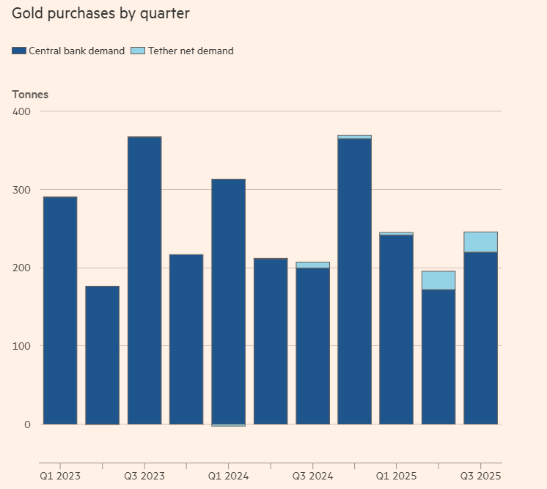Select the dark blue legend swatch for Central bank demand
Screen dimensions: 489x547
(x=19, y=51)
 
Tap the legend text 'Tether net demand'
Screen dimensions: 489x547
(x=191, y=51)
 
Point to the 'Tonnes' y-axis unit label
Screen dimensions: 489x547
(x=30, y=95)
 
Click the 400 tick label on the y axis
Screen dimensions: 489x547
(x=22, y=111)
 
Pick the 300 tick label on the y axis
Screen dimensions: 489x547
(x=22, y=190)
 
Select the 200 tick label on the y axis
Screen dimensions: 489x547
(x=22, y=268)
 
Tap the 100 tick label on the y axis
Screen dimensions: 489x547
(x=22, y=346)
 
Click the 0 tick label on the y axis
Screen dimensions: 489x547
(x=28, y=424)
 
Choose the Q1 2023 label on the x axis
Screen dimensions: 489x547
(x=60, y=475)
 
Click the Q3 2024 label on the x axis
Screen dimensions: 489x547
(x=312, y=475)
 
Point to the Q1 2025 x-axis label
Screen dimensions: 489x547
(x=396, y=475)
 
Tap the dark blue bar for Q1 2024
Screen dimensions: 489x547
(x=228, y=301)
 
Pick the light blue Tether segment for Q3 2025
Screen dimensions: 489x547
(x=480, y=242)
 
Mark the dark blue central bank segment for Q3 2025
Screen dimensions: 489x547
(x=480, y=338)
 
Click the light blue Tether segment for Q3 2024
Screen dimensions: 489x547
(x=312, y=265)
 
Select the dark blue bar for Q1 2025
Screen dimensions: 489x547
(x=396, y=330)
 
